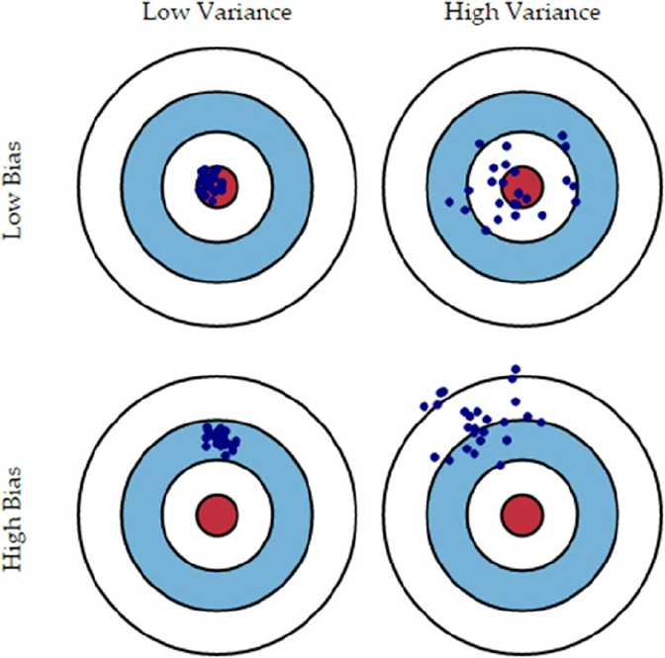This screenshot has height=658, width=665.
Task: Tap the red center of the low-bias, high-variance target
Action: [x=522, y=184]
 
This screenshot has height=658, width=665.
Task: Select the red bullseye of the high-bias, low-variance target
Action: [x=216, y=515]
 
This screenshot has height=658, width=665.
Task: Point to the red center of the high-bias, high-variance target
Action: [x=522, y=515]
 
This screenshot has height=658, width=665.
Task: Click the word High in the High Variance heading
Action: [x=473, y=14]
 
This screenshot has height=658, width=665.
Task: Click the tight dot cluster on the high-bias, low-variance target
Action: [x=220, y=436]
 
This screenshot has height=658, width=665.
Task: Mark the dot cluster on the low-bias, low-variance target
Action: [x=209, y=182]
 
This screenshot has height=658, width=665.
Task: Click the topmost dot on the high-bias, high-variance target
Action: [x=514, y=370]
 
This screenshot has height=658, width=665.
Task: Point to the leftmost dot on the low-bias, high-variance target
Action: [x=450, y=202]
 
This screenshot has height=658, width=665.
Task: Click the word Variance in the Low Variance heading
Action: [x=234, y=14]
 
